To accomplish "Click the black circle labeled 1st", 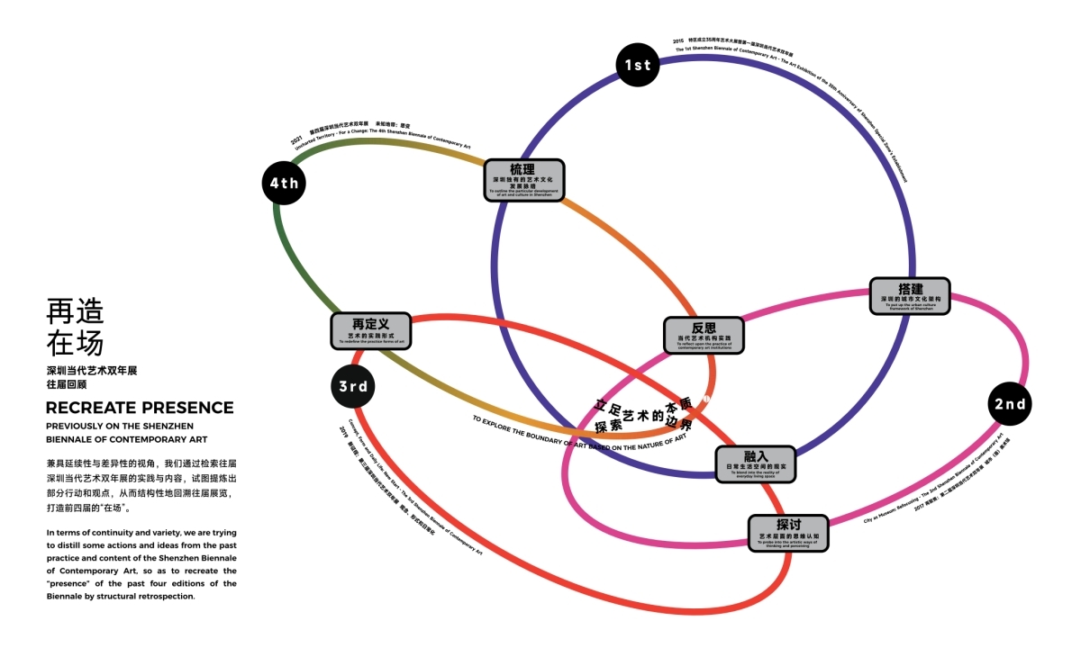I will click(x=638, y=66).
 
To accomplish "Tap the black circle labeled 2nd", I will click(x=1010, y=404).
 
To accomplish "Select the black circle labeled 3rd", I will click(x=353, y=387).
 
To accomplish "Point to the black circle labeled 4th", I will click(x=283, y=184).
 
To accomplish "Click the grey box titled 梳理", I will click(x=523, y=180).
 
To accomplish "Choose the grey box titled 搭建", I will click(x=910, y=296).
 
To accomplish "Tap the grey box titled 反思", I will click(x=704, y=335).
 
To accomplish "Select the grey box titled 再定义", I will click(x=370, y=330).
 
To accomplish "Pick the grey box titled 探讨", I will click(x=788, y=533).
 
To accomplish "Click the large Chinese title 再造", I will click(x=76, y=311).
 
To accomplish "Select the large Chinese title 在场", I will click(x=76, y=343).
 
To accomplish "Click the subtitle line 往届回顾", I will click(x=67, y=384).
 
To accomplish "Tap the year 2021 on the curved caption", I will click(x=295, y=141).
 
